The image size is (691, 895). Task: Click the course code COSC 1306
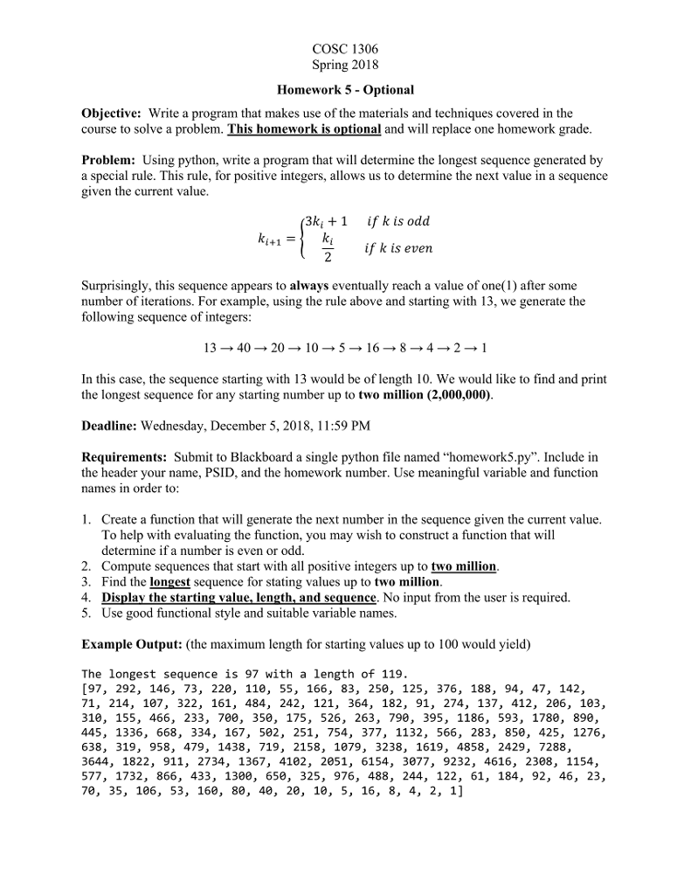[345, 49]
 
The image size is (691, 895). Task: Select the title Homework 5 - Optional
[345, 89]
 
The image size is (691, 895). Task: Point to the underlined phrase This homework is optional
[304, 128]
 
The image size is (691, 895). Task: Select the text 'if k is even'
[398, 248]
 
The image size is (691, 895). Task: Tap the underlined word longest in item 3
[170, 581]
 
